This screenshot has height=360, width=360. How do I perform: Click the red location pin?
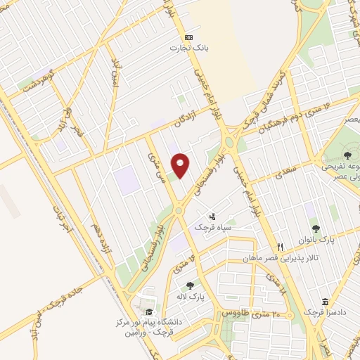[x=181, y=165]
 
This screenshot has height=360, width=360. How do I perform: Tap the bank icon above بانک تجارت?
[x=188, y=37]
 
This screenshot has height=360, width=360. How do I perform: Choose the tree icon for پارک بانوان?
[x=316, y=228]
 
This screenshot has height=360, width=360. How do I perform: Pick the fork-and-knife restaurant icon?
[x=280, y=247]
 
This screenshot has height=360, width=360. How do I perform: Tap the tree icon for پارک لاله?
[x=190, y=285]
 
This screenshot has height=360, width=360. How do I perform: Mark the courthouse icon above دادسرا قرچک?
[x=323, y=301]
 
